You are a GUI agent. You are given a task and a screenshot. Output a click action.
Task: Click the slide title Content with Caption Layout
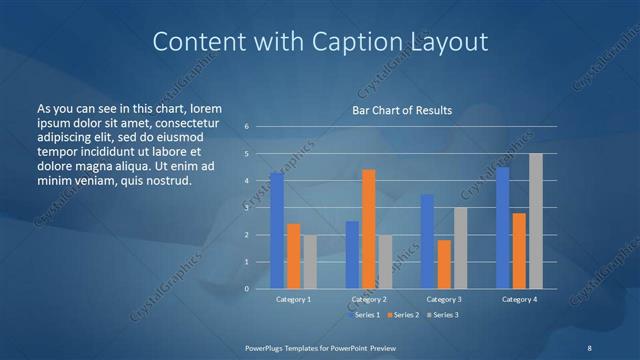click(320, 42)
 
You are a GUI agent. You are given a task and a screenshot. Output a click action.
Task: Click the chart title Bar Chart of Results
click(402, 110)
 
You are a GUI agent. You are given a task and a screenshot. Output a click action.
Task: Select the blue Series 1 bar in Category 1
click(277, 231)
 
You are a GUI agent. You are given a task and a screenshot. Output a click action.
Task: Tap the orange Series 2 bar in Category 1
click(293, 256)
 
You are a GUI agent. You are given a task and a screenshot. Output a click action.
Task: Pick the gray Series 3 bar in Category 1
click(309, 262)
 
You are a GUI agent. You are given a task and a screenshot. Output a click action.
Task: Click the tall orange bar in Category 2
click(368, 229)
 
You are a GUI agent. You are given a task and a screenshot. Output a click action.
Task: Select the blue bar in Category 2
click(352, 255)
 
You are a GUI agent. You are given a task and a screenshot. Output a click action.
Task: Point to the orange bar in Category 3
click(444, 264)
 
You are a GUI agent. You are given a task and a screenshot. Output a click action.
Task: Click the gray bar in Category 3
click(460, 248)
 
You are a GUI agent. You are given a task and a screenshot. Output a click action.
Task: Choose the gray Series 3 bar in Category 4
click(535, 221)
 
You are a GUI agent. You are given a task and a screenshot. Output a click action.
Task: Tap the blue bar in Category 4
click(503, 228)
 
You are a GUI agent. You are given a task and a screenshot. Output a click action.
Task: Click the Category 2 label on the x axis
click(369, 299)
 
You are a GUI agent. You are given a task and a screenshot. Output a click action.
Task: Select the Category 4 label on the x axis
click(519, 299)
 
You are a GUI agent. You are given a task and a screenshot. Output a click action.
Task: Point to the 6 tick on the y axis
click(246, 127)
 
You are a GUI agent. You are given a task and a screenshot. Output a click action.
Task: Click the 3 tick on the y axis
click(246, 208)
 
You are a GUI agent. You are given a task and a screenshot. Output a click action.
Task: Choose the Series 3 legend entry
click(440, 315)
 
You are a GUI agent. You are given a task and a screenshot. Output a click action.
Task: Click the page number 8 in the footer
click(589, 346)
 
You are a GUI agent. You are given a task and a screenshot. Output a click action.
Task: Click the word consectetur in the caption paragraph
click(182, 120)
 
